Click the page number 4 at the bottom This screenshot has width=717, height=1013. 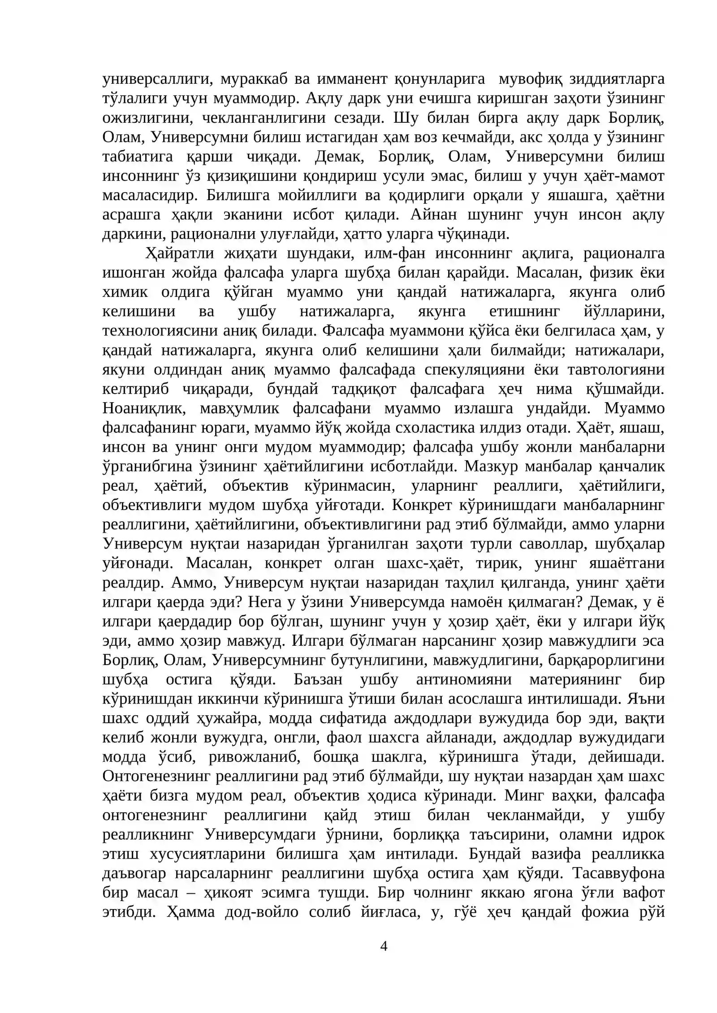383,946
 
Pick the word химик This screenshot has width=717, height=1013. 125,292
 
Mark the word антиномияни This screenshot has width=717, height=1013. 464,679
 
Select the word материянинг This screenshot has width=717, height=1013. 575,679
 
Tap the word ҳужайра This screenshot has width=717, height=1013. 219,718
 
